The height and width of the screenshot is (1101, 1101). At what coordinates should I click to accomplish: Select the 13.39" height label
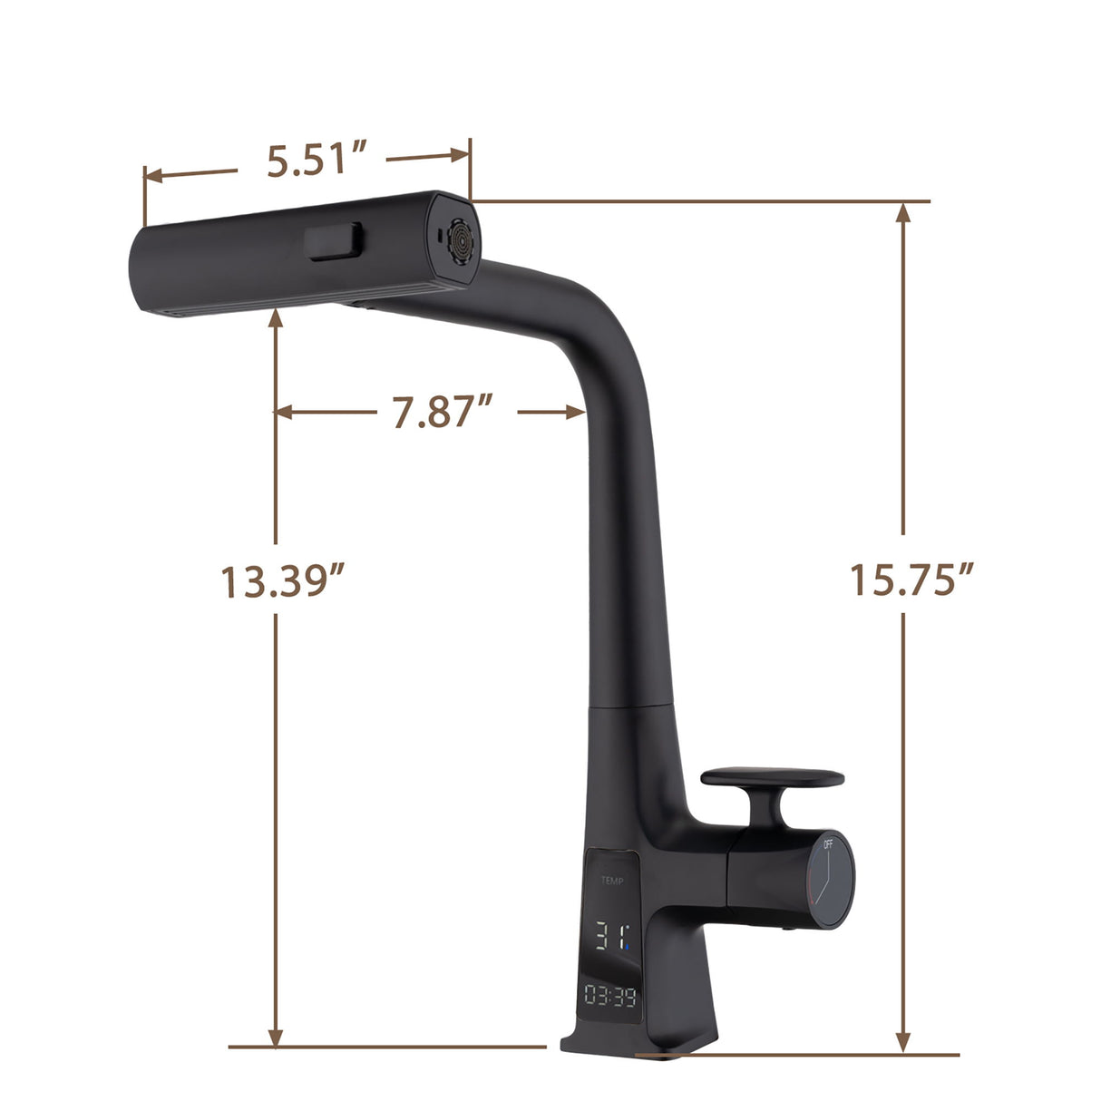pyautogui.click(x=285, y=580)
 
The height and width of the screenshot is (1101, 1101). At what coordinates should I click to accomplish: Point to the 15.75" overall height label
pyautogui.click(x=911, y=579)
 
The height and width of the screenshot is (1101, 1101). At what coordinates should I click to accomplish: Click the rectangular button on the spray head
pyautogui.click(x=335, y=242)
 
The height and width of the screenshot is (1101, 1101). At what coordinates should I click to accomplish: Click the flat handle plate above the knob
pyautogui.click(x=773, y=778)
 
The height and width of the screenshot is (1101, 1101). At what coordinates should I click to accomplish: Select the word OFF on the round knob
pyautogui.click(x=827, y=844)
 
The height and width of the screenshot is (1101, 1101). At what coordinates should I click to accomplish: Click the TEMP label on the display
pyautogui.click(x=611, y=880)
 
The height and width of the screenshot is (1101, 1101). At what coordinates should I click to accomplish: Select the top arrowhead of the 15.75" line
pyautogui.click(x=902, y=212)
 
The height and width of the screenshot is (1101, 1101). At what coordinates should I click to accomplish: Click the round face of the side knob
pyautogui.click(x=832, y=877)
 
